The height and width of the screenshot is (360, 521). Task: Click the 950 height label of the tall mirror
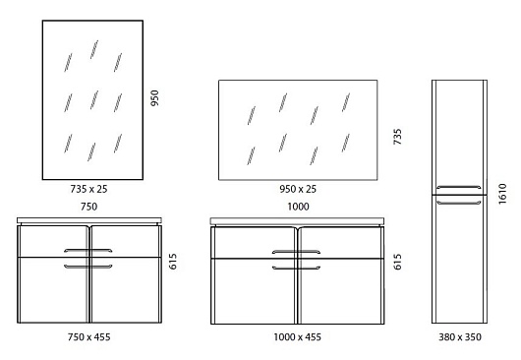click(x=154, y=98)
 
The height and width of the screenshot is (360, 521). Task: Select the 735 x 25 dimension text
click(x=88, y=189)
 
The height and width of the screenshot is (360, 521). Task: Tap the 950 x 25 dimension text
click(x=298, y=189)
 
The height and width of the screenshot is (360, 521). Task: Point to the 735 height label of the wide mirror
click(x=397, y=137)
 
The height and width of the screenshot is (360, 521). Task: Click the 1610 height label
click(x=502, y=194)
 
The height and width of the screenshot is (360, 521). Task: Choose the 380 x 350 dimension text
click(x=460, y=337)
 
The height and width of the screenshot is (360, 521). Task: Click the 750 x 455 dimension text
click(x=88, y=337)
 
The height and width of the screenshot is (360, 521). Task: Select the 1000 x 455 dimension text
click(x=298, y=337)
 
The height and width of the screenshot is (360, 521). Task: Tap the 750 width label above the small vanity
click(x=89, y=207)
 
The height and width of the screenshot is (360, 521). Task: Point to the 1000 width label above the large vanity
click(x=298, y=207)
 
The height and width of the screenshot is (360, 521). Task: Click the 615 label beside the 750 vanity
click(x=173, y=262)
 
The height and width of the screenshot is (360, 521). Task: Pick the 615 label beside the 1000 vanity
click(x=397, y=262)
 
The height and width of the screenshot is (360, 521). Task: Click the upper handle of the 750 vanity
click(x=88, y=250)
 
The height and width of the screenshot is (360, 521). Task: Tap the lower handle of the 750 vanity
click(x=88, y=267)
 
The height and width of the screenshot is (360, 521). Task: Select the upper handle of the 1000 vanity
click(x=297, y=252)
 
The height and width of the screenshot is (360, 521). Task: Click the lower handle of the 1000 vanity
click(x=297, y=268)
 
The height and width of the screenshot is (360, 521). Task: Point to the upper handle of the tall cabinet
click(x=459, y=187)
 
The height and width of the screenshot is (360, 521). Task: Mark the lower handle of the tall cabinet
click(x=459, y=202)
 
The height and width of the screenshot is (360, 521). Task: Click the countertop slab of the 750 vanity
click(x=89, y=220)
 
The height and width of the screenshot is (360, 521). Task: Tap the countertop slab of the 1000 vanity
click(x=298, y=221)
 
